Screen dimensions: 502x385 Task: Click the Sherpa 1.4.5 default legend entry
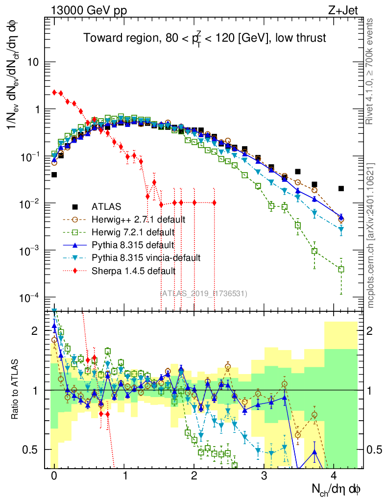[x=133, y=271]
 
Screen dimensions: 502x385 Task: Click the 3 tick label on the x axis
[x=265, y=477]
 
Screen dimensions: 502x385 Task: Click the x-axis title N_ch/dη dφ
[x=337, y=490]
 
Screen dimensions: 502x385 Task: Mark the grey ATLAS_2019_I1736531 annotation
[x=204, y=294]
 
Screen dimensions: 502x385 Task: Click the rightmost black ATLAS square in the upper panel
[x=341, y=188]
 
